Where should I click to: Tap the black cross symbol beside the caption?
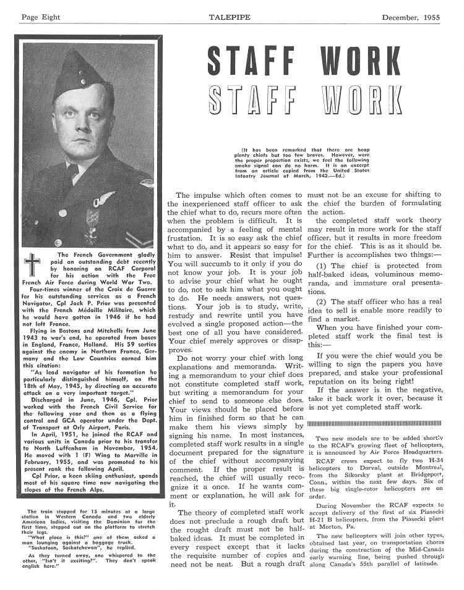(x=32, y=264)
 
